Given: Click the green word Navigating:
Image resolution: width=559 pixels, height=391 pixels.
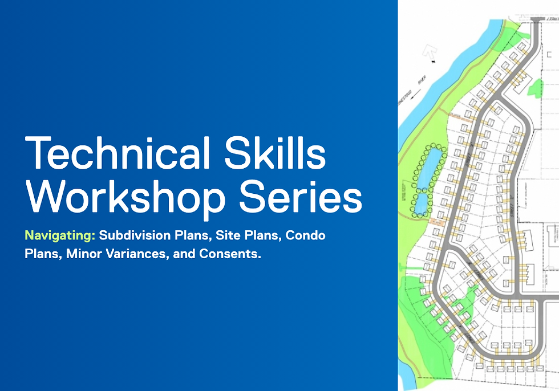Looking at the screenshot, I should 59,235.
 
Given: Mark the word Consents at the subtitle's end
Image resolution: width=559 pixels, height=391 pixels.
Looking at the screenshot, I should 229,254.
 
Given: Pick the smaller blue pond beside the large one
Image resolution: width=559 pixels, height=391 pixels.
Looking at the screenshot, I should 421,203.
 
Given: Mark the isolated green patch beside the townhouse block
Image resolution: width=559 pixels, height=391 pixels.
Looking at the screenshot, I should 536,87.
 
